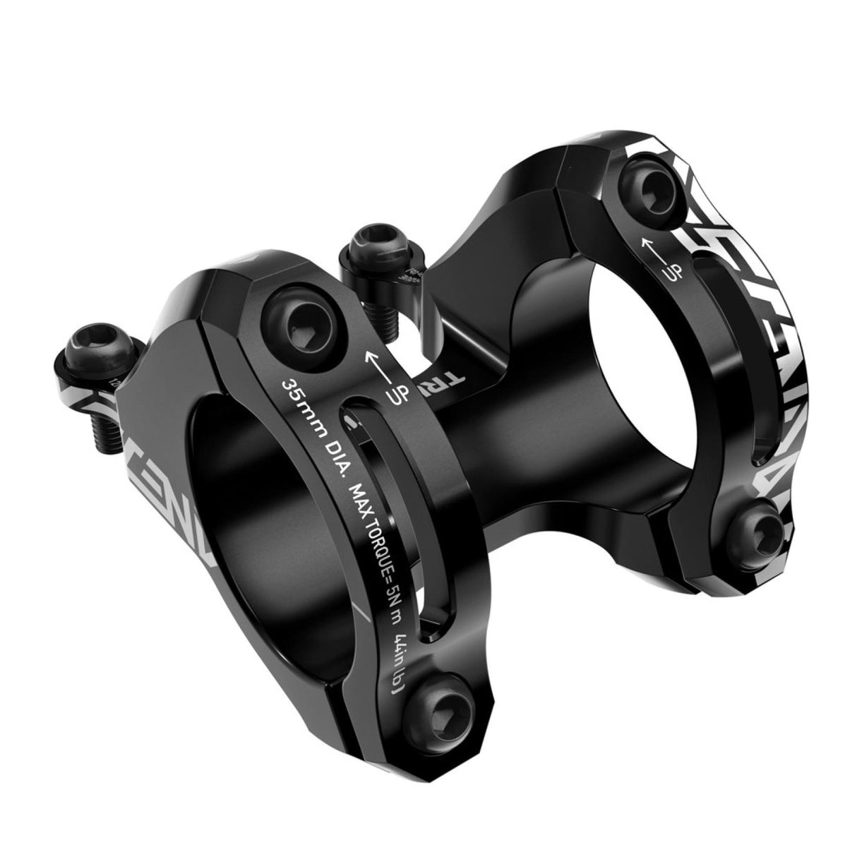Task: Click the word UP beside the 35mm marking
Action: point(397,395)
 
